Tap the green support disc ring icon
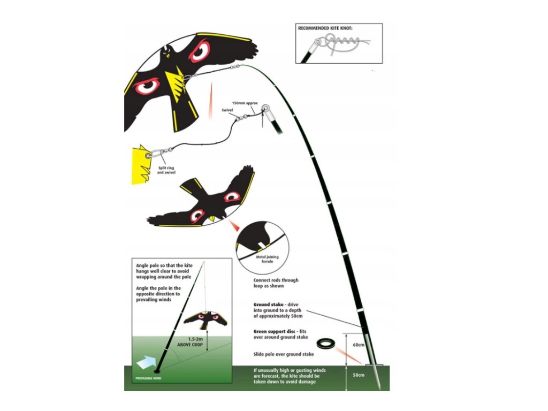pos(325,343)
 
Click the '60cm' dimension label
pos(358,345)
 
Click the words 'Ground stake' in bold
pos(266,305)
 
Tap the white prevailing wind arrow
pos(146,363)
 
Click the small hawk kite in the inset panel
pos(205,320)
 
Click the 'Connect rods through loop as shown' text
pos(276,283)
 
